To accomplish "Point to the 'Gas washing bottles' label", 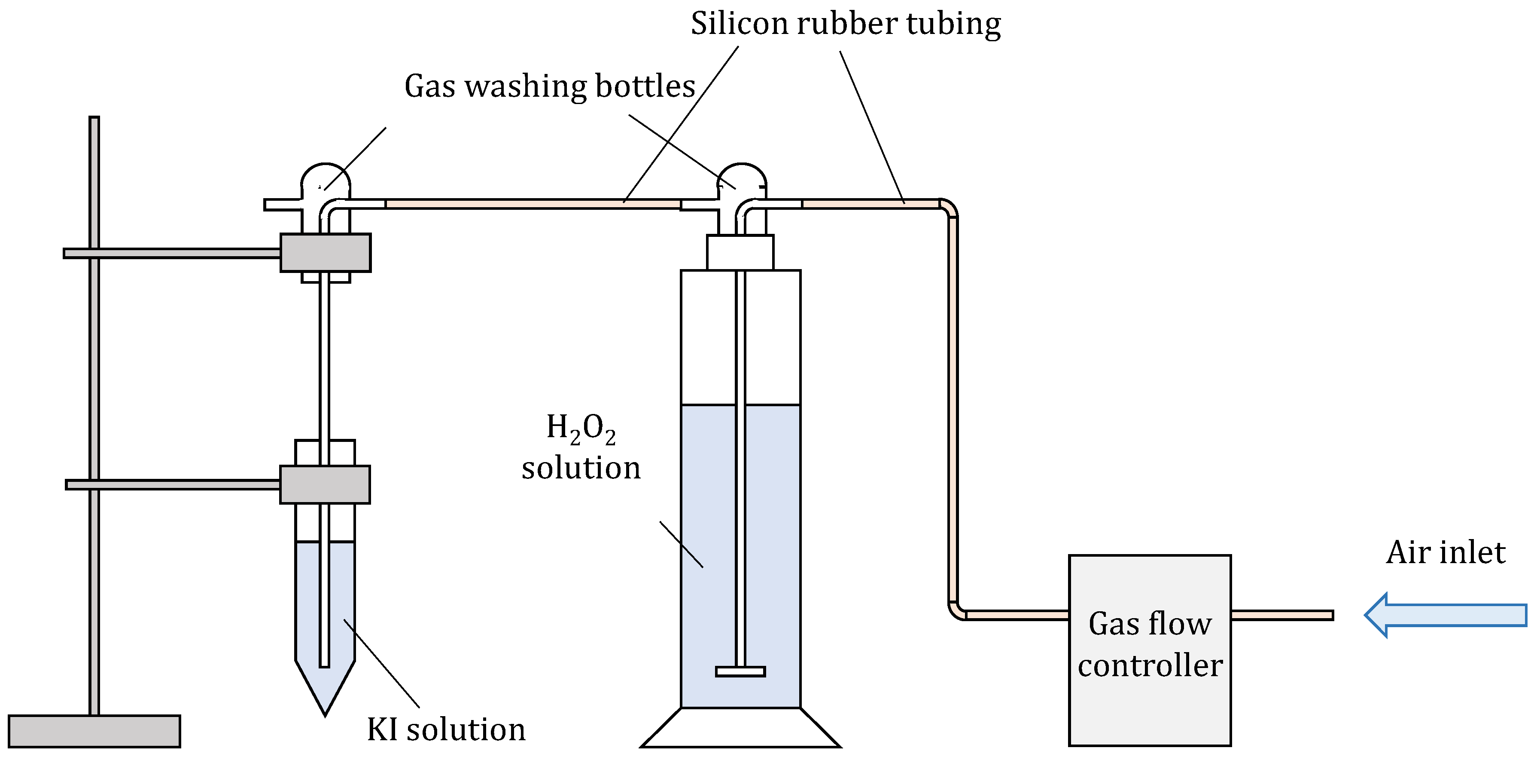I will pos(550,86).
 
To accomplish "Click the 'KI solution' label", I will pos(446,729).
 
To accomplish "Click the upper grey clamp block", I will pos(325,252).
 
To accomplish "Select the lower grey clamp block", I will pos(325,484).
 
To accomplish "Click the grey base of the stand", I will pos(94,731).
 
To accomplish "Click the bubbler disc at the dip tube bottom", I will pos(740,671).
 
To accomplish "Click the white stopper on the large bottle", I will pos(740,252).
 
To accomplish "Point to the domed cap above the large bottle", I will pos(741,176).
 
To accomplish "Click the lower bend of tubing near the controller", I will pos(956,611).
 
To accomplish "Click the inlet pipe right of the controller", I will pos(1281,615).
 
